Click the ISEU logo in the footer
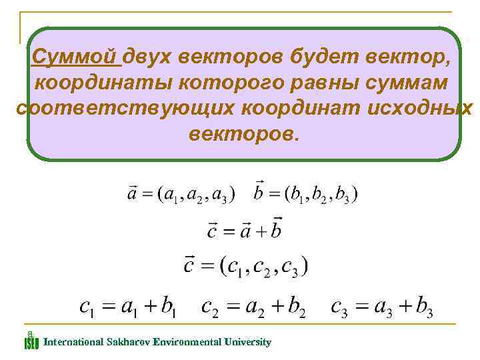(31, 341)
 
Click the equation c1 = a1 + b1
(127, 307)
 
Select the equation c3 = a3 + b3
(382, 307)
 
